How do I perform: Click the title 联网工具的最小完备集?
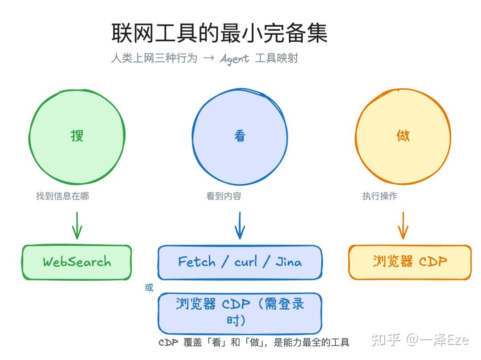[219, 33]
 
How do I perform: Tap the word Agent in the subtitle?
[234, 59]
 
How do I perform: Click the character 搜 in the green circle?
[77, 135]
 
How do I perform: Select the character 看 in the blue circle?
[240, 136]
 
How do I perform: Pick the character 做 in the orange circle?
[403, 135]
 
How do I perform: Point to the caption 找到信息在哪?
[62, 196]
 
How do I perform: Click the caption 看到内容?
[224, 196]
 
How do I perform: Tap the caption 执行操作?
[379, 196]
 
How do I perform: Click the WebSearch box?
[77, 262]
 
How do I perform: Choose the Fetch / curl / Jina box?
[240, 262]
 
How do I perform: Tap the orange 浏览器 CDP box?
[410, 262]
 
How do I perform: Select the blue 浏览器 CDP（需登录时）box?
[240, 312]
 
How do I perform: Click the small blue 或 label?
[149, 288]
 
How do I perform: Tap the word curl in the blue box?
[246, 262]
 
